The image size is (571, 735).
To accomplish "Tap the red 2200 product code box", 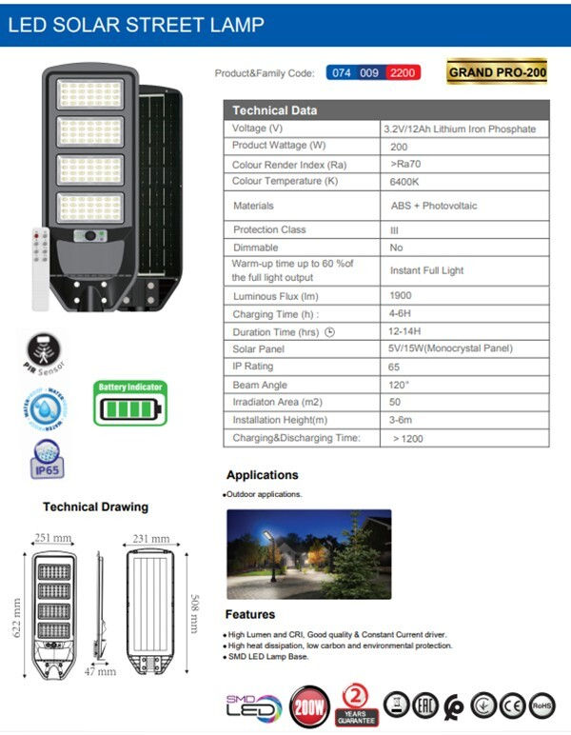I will tap(404, 72).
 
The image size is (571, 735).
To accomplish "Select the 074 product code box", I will tap(342, 72).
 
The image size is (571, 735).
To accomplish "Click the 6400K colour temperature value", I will tap(406, 182).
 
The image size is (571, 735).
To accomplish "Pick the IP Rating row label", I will tap(252, 367).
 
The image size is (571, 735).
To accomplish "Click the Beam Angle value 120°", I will tap(400, 385).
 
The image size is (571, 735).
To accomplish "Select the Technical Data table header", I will tap(275, 109).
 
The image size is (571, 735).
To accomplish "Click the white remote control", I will tap(40, 267).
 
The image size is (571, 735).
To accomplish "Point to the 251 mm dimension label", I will tap(53, 538).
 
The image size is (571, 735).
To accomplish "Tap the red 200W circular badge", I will tap(309, 707).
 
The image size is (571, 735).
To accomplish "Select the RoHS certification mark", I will tap(542, 705).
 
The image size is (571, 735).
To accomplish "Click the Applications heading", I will tap(262, 475).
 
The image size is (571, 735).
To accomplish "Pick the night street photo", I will tap(308, 553).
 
